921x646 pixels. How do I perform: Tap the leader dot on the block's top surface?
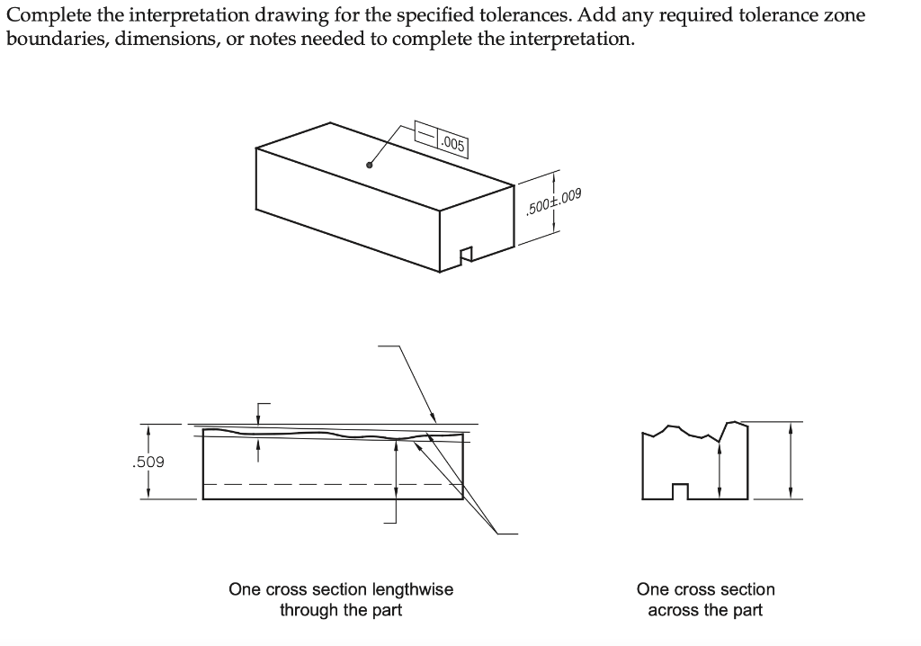(x=369, y=165)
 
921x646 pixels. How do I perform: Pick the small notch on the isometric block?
(x=466, y=256)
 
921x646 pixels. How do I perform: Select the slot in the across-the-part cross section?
(x=681, y=491)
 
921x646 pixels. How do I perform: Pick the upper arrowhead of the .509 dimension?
(x=148, y=431)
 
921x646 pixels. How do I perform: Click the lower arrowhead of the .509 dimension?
(x=148, y=493)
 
